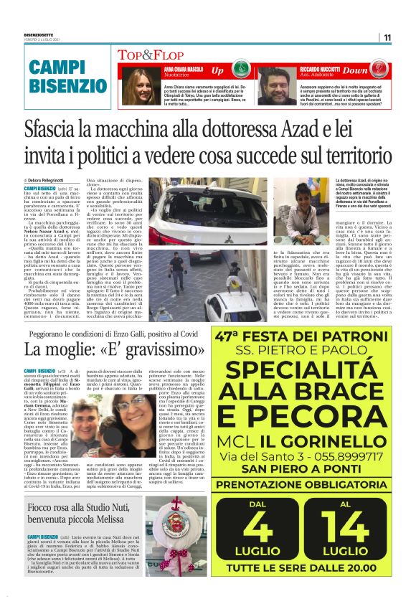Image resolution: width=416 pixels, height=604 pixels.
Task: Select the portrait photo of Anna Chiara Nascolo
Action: [x=136, y=87]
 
